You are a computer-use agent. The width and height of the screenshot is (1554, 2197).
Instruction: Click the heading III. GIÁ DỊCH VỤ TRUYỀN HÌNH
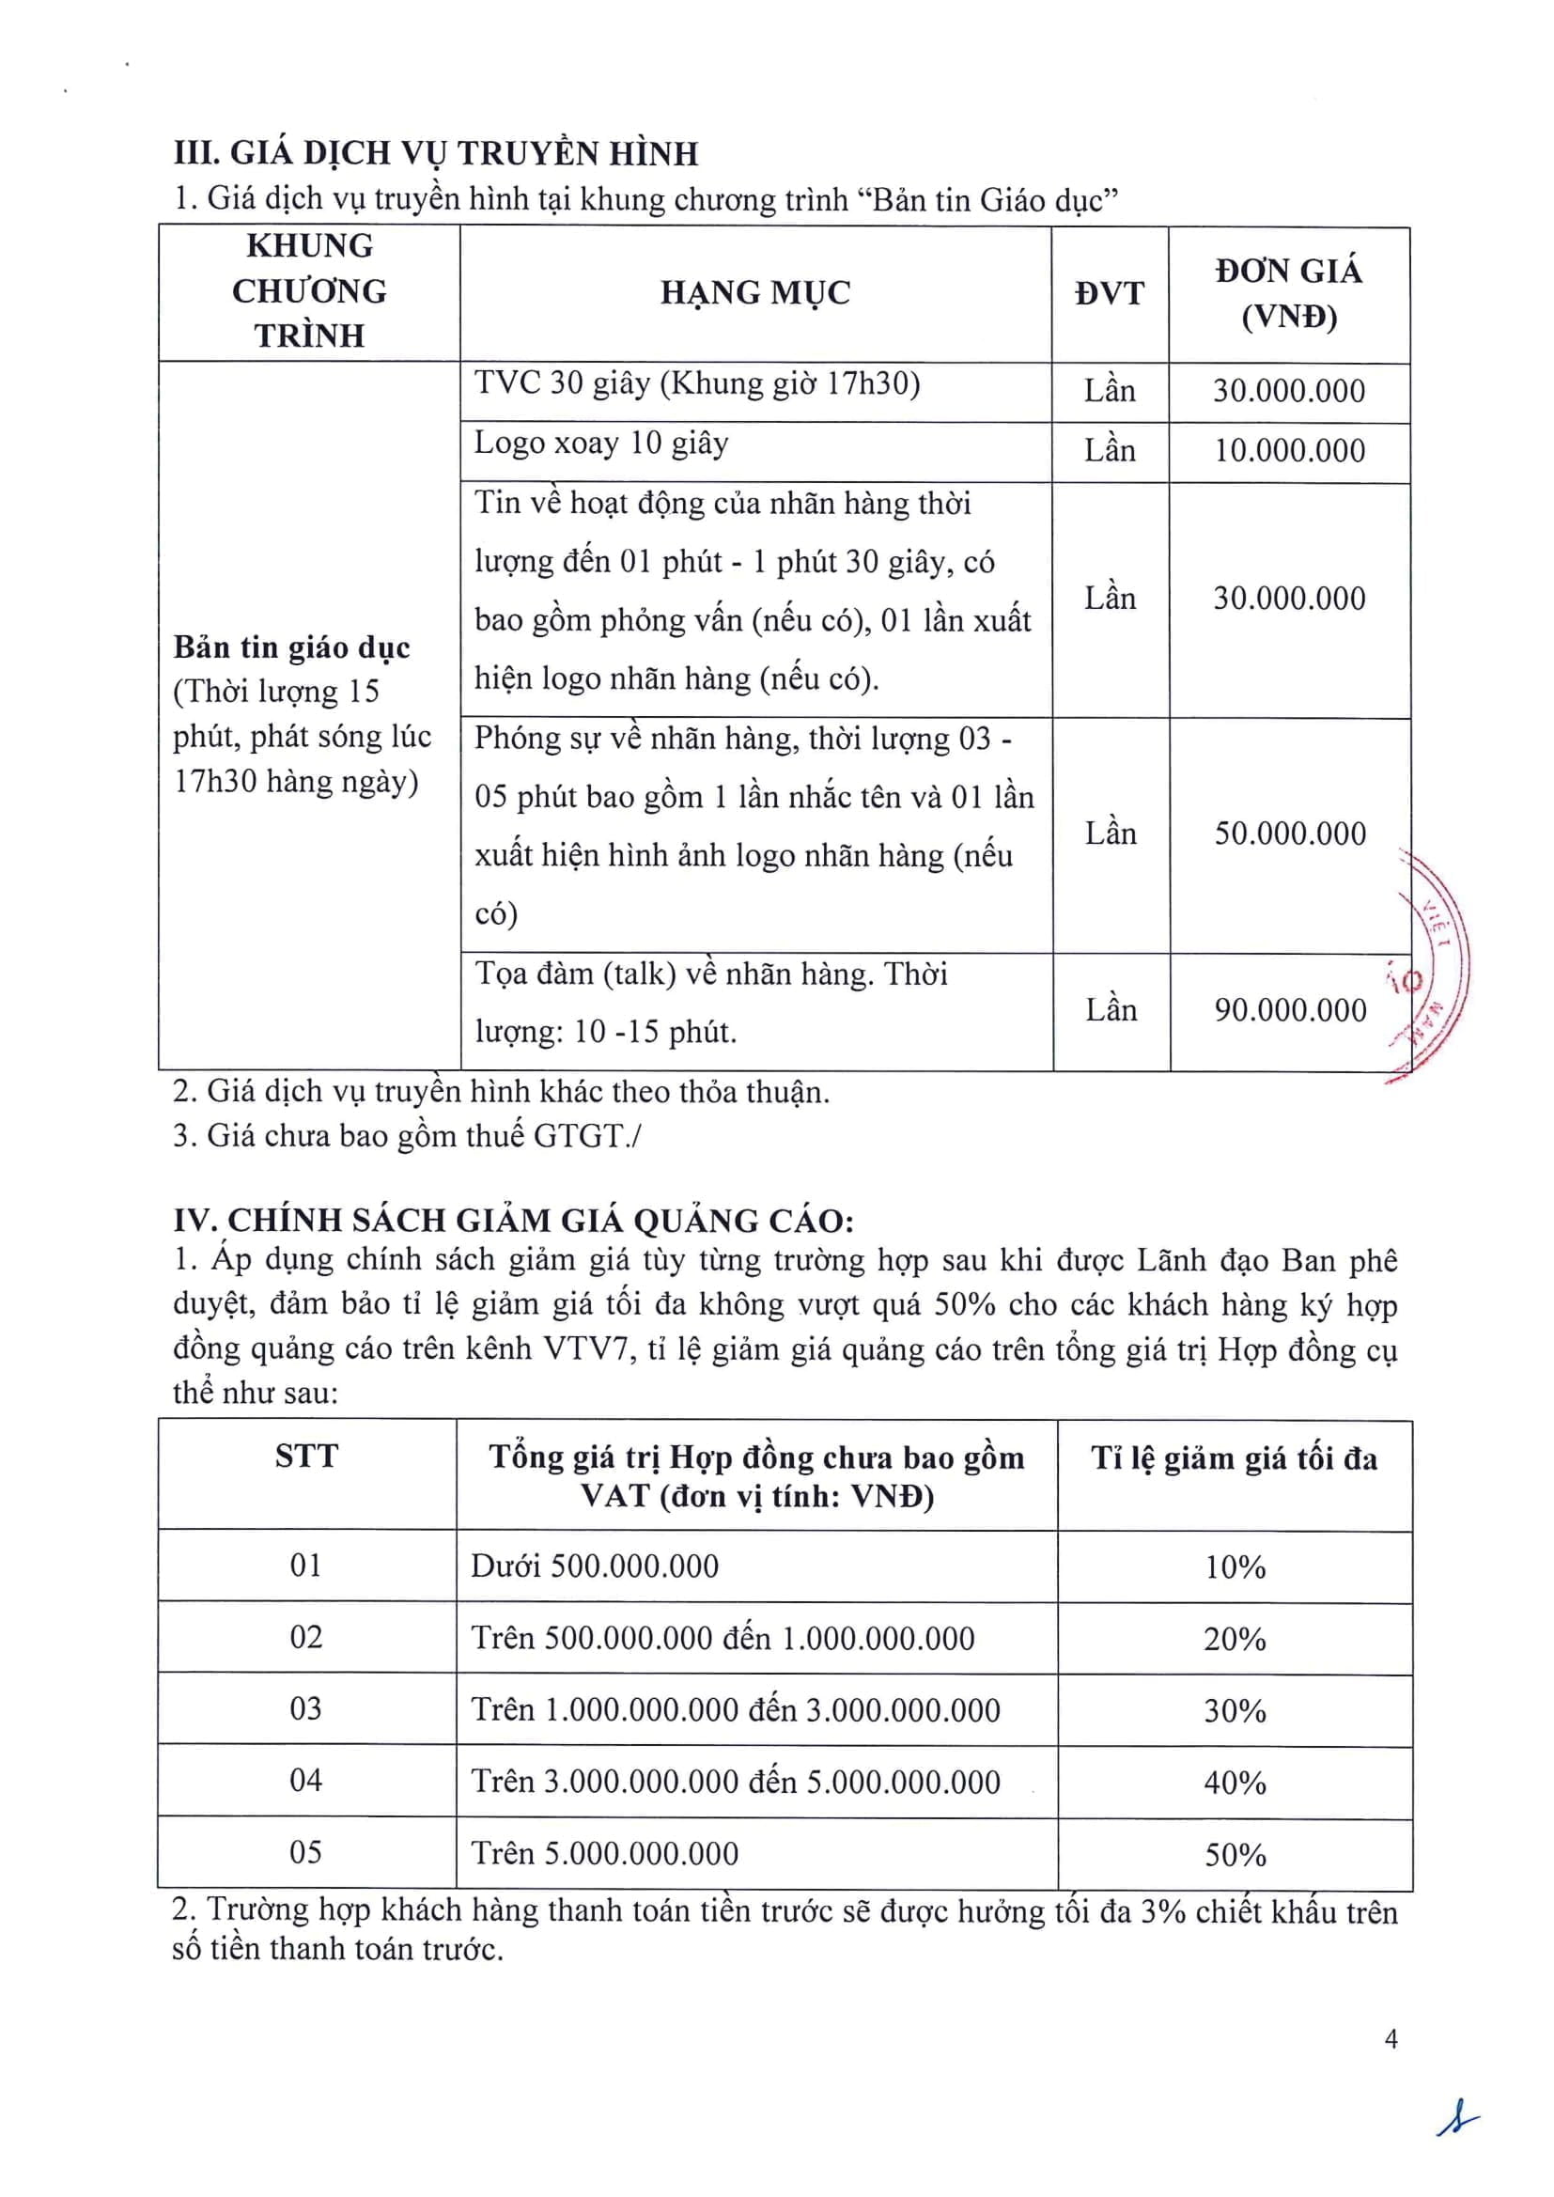436,154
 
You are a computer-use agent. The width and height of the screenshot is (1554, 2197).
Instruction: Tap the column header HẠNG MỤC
755,293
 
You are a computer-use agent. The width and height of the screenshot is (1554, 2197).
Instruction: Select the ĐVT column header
1109,293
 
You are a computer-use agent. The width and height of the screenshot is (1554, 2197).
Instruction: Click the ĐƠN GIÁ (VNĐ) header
1288,294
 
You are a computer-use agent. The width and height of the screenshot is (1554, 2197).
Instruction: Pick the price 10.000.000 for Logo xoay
1289,451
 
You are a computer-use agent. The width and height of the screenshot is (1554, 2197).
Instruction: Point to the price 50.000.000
1290,834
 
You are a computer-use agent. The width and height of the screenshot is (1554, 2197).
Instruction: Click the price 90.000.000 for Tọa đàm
1290,1010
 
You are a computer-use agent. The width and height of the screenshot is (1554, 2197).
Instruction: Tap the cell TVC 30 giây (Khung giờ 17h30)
696,383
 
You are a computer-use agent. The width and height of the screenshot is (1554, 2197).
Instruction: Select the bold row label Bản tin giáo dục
291,647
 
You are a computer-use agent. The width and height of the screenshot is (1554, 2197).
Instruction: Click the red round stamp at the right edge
1434,966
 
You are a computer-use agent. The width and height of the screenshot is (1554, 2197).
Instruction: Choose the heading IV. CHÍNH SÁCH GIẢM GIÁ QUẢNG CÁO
513,1220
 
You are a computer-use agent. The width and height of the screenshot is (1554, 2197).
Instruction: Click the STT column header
306,1457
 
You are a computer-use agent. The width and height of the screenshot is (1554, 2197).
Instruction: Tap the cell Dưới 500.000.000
594,1566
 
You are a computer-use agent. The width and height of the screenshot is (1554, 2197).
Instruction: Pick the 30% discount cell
1235,1710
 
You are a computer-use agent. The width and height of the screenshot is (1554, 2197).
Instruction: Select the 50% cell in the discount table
1235,1854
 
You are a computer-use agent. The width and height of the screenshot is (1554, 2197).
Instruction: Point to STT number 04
306,1781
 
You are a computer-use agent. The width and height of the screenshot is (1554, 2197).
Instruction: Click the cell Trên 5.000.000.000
604,1853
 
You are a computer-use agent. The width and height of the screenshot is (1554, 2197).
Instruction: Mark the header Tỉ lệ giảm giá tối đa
1235,1458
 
